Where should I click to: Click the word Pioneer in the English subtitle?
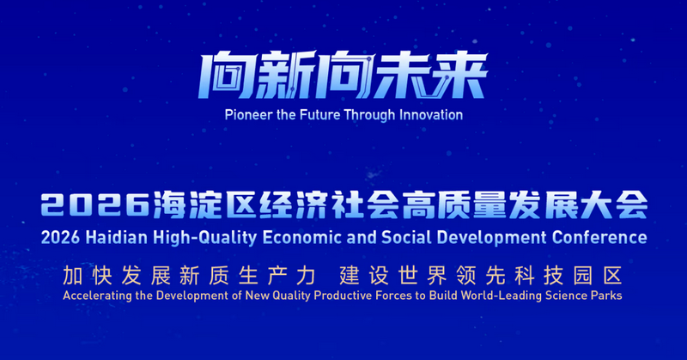(246, 114)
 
